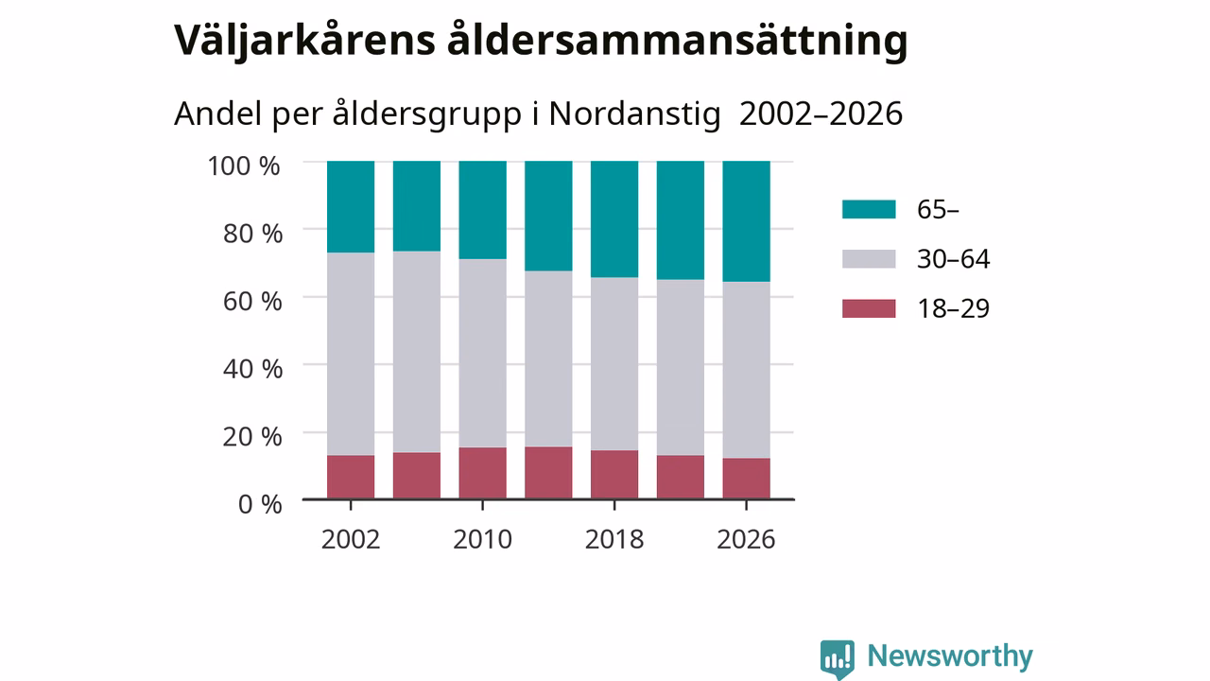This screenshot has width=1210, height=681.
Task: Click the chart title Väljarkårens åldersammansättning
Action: coord(541,41)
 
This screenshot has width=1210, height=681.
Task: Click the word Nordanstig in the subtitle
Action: coord(634,114)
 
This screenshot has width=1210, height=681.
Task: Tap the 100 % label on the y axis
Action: coord(244,166)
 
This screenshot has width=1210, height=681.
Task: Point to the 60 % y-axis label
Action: coord(252,301)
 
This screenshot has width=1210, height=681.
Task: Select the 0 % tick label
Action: coord(260,504)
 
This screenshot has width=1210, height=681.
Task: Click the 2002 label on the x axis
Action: coord(351,539)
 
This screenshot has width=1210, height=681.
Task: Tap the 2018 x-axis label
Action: coord(614,539)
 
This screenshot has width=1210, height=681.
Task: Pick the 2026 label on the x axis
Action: coord(746,539)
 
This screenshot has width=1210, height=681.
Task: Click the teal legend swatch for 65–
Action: coord(869,209)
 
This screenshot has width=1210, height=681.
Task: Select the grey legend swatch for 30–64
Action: coord(869,259)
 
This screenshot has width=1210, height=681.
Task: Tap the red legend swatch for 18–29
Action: coord(869,308)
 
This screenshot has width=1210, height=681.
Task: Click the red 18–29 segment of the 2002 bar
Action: coord(351,477)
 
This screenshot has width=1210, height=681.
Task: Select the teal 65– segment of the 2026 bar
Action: coord(746,221)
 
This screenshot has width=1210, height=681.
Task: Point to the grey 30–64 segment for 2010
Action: coord(482,353)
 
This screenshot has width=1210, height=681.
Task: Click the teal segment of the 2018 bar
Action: coord(614,218)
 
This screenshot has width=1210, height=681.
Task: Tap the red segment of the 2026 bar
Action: coord(746,479)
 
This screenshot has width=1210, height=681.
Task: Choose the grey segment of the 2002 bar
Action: coord(351,354)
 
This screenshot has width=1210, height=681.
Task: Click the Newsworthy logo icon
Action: coord(838,659)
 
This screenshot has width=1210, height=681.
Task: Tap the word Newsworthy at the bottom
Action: coord(950,656)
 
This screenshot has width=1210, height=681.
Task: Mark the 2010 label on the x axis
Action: coord(482,539)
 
